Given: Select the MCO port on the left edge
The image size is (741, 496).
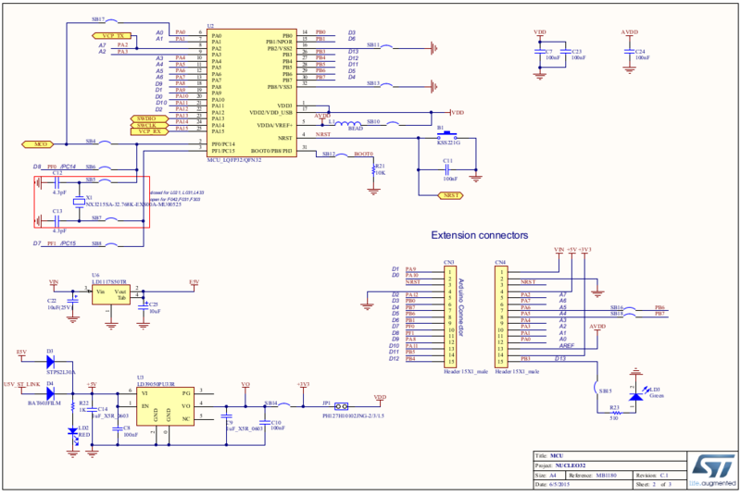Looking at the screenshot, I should (36, 144).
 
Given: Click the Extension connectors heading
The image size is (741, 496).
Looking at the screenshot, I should (479, 235).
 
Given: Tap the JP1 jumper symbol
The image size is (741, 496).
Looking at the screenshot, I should (343, 404).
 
